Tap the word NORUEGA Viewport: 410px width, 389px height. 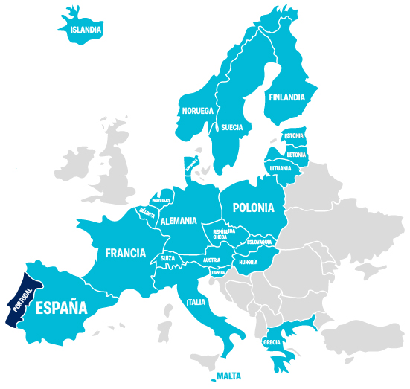(x=198, y=111)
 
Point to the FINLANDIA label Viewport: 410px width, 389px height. (x=286, y=97)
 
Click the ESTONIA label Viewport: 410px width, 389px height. (x=295, y=135)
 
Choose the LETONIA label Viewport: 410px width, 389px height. (x=296, y=155)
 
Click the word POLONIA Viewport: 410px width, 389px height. (x=253, y=208)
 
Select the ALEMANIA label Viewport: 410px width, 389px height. (x=179, y=220)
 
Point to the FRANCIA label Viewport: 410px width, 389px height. (x=125, y=253)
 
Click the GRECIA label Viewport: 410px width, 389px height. (x=272, y=343)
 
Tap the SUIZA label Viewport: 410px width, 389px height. (x=167, y=258)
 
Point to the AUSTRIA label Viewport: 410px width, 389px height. (x=211, y=260)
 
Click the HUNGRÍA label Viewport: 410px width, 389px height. (x=248, y=263)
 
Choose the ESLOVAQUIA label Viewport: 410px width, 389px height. (x=260, y=242)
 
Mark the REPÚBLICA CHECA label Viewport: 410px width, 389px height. (x=224, y=234)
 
